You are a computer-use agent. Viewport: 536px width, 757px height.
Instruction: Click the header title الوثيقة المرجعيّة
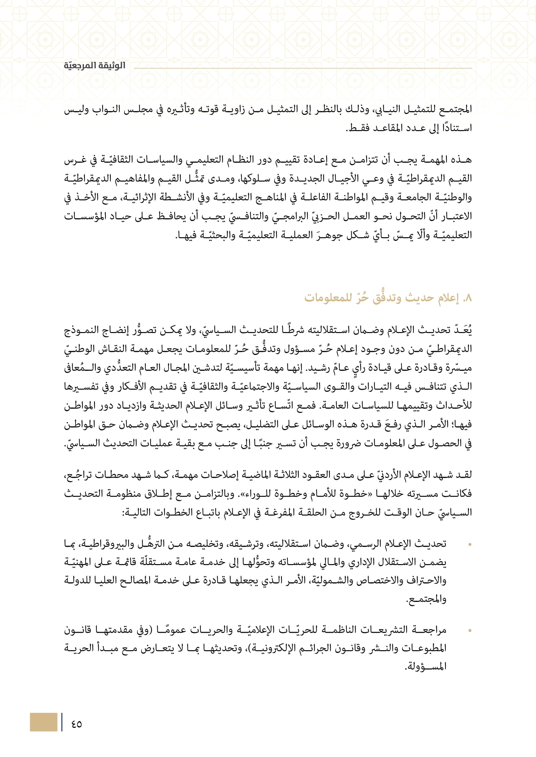pos(94,66)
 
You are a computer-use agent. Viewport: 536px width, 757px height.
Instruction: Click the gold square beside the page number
pos(43,722)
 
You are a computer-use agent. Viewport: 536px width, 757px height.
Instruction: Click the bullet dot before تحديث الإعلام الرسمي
pos(470,545)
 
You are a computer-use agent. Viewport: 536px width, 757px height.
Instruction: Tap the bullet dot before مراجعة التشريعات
pos(470,631)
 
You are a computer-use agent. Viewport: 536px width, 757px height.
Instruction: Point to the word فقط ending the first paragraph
pos(355,128)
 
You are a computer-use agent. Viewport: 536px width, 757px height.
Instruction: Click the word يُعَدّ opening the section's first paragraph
pos(462,330)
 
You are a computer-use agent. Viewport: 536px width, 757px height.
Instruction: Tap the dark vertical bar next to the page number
pos(62,722)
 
